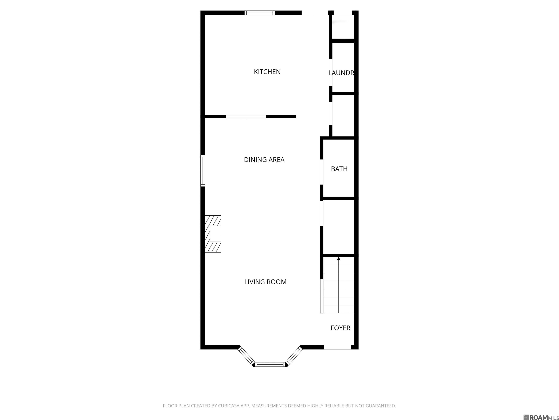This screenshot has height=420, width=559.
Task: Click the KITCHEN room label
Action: coord(267,72)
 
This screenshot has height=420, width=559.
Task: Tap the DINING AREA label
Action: coord(264,160)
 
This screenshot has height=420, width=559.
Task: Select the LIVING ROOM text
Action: coord(265,282)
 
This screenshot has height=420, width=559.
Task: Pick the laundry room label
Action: coord(341,73)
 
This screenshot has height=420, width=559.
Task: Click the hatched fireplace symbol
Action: coord(213,234)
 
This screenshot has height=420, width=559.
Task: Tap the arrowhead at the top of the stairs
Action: coord(339,258)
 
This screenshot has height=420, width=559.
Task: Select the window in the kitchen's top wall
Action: coord(259,13)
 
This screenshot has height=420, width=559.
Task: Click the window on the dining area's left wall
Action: coord(203,171)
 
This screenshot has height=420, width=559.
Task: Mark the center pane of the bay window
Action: coord(270,364)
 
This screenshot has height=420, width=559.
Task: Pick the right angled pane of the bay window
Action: coord(294,356)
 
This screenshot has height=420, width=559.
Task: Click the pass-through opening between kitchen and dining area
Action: coord(246,117)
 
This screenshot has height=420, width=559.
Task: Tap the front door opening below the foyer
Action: coord(338,347)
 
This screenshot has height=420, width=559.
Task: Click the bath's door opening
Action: coord(322,172)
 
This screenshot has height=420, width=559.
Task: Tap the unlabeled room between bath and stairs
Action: coord(339,227)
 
